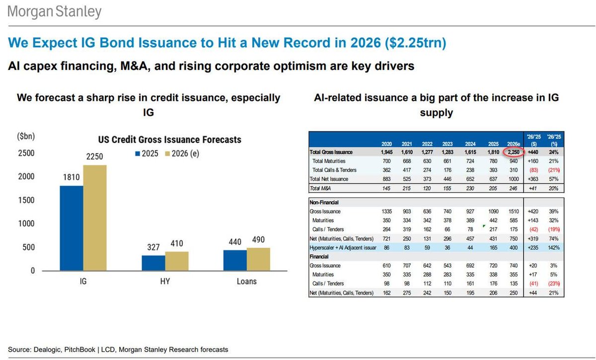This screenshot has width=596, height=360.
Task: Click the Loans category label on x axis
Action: pyautogui.click(x=247, y=282)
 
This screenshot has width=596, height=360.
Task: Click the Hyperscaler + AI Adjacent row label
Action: pyautogui.click(x=343, y=246)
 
